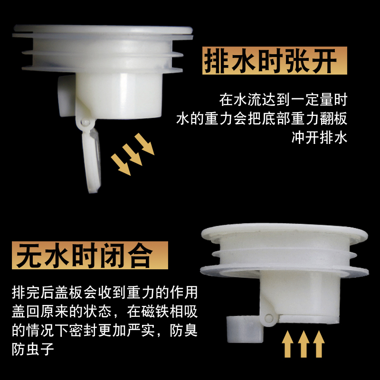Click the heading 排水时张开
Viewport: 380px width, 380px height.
270,61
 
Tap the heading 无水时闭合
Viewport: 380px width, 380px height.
84,255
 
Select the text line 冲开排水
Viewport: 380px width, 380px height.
319,137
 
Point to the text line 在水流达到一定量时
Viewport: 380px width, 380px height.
283,99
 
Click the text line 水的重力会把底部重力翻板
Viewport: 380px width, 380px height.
262,118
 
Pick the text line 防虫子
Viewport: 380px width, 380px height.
33,349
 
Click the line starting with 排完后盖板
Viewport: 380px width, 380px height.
104,292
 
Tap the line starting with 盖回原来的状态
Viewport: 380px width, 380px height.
104,311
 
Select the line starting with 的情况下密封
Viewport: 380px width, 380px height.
104,330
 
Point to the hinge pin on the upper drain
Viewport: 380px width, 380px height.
85,122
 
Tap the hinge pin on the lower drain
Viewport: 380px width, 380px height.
268,318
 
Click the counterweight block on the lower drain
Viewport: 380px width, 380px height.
245,329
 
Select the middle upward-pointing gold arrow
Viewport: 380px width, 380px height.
304,344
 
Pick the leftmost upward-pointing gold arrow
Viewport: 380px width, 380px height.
287,344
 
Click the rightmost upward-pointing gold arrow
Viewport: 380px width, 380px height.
319,344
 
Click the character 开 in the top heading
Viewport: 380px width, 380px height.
324,61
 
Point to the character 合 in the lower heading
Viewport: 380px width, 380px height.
141,256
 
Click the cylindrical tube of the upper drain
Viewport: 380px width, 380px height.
119,96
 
